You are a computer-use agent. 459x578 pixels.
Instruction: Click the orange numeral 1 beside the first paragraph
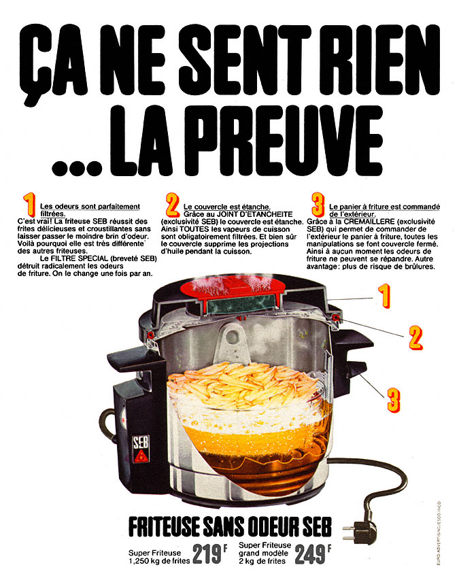point(29,205)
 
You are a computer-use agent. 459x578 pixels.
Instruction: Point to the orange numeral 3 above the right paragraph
point(318,205)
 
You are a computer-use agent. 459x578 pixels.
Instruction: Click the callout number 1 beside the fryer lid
point(384,296)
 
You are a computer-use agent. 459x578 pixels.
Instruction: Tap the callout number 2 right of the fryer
point(414,335)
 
